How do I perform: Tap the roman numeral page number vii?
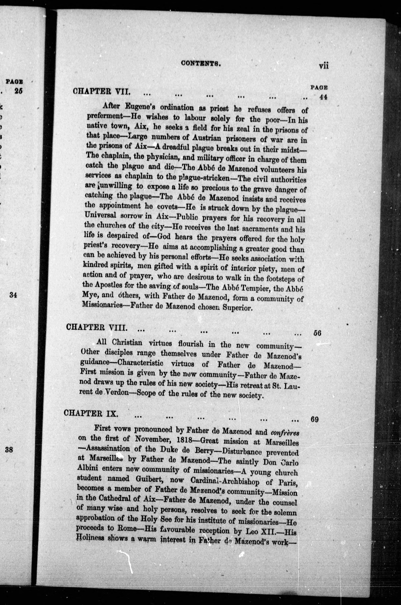323,66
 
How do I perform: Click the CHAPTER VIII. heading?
96,328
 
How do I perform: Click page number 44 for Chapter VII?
323,97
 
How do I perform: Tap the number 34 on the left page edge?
13,295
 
